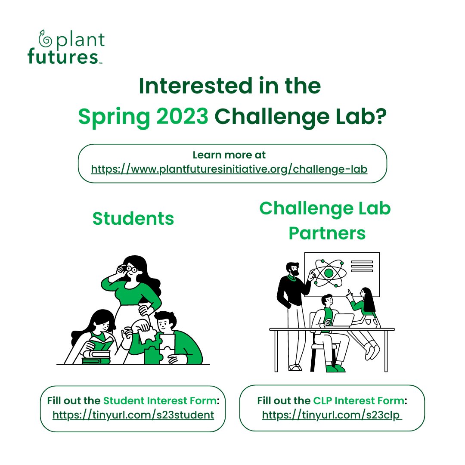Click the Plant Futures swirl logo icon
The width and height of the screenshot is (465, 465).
(x=45, y=38)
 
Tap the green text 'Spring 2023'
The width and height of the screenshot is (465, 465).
(x=143, y=117)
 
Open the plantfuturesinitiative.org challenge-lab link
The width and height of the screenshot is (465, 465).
(x=229, y=169)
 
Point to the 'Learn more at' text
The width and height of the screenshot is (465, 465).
(x=229, y=155)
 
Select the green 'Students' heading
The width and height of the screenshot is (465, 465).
(x=133, y=219)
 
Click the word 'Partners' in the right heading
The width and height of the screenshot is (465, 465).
(x=327, y=233)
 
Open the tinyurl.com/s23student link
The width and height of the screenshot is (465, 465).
(x=133, y=415)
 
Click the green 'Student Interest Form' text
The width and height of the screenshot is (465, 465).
(x=160, y=401)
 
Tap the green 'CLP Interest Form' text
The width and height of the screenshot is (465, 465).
(x=359, y=401)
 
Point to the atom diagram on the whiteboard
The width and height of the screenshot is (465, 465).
(x=329, y=273)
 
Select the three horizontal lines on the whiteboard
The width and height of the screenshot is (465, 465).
(x=362, y=266)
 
